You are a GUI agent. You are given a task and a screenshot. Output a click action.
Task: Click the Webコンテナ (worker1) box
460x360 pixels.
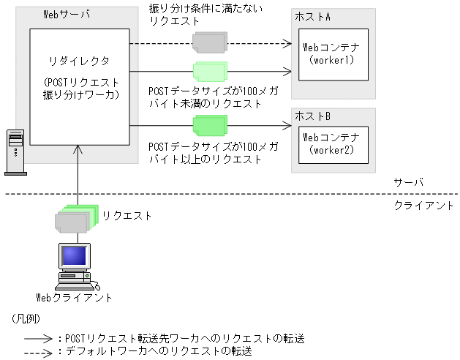[x=332, y=53]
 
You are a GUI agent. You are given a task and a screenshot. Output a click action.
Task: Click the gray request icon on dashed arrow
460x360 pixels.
[x=209, y=42]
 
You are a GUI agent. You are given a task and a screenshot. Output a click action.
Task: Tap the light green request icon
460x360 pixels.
[x=210, y=72]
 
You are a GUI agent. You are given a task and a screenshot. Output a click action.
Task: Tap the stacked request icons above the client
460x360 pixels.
[x=74, y=217]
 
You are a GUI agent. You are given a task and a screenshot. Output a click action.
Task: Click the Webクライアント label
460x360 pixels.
[x=75, y=297]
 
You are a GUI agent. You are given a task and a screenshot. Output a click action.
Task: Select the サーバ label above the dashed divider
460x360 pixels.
[x=408, y=182]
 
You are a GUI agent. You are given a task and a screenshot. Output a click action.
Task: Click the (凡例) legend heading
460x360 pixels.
[x=26, y=320]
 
